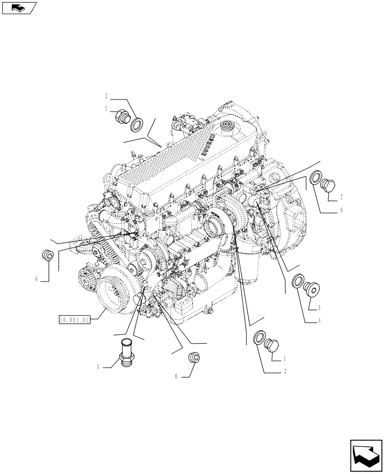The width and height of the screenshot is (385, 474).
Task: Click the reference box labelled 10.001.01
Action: pos(74,319)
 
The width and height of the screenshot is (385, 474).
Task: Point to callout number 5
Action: pos(320,307)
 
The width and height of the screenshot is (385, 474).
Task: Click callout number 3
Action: pos(98,366)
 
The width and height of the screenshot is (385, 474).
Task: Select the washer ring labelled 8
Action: pos(315,179)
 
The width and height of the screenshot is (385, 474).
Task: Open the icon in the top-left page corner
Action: pos(19,8)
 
